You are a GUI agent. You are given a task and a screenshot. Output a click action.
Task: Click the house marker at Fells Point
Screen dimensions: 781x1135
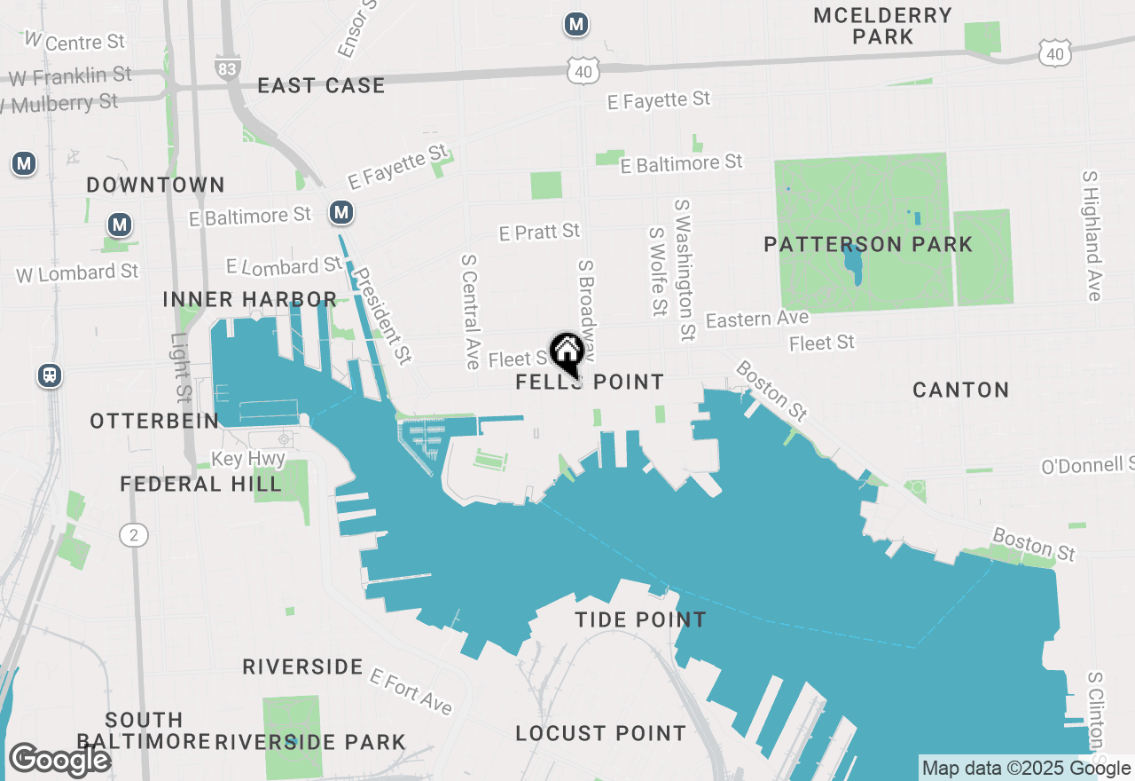click(x=567, y=352)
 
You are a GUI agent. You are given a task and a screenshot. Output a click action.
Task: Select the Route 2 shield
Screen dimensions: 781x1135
click(x=133, y=533)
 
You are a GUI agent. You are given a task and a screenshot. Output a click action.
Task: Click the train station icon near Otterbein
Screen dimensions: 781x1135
click(x=50, y=375)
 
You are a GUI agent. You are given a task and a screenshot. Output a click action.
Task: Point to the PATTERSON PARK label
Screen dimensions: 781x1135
click(x=868, y=244)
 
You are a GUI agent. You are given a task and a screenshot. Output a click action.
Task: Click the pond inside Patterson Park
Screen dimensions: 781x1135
click(x=853, y=265)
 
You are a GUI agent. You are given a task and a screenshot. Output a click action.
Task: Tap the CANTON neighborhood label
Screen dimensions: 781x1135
click(x=960, y=390)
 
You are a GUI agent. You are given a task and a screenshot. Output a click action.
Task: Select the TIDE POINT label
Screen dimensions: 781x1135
click(x=640, y=619)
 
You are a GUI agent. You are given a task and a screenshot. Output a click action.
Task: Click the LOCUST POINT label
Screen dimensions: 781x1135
click(x=600, y=733)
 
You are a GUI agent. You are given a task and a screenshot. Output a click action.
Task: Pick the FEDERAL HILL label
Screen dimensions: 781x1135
click(x=200, y=484)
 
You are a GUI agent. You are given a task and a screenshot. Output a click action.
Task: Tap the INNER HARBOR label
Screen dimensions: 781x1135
click(x=249, y=300)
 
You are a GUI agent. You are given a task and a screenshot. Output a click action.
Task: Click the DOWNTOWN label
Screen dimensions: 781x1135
click(x=155, y=185)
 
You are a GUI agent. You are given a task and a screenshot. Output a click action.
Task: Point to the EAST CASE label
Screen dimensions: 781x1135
click(x=321, y=86)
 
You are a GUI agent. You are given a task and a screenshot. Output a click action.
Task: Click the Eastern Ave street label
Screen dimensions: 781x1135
click(x=757, y=319)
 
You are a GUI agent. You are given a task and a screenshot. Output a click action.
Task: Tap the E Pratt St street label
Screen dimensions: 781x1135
click(x=539, y=232)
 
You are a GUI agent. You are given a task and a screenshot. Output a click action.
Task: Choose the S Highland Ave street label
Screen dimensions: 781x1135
click(x=1092, y=235)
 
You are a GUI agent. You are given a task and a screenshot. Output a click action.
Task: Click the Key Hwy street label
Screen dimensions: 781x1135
click(x=248, y=459)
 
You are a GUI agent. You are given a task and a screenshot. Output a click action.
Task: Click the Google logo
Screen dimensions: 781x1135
click(x=59, y=760)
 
